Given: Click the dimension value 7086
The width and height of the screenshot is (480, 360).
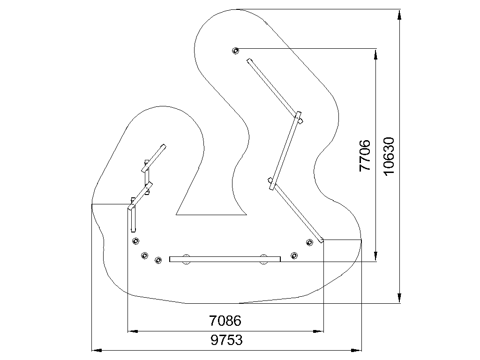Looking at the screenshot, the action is (225, 321).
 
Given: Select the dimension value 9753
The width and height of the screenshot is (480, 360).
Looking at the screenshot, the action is (226, 340).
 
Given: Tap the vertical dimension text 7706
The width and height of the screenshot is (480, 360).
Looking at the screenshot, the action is (365, 156).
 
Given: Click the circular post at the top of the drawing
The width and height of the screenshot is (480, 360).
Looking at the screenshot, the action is (235, 51).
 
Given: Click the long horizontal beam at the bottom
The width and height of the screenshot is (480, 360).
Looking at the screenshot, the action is (225, 259).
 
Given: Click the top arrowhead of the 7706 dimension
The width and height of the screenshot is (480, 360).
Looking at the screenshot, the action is (375, 53).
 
